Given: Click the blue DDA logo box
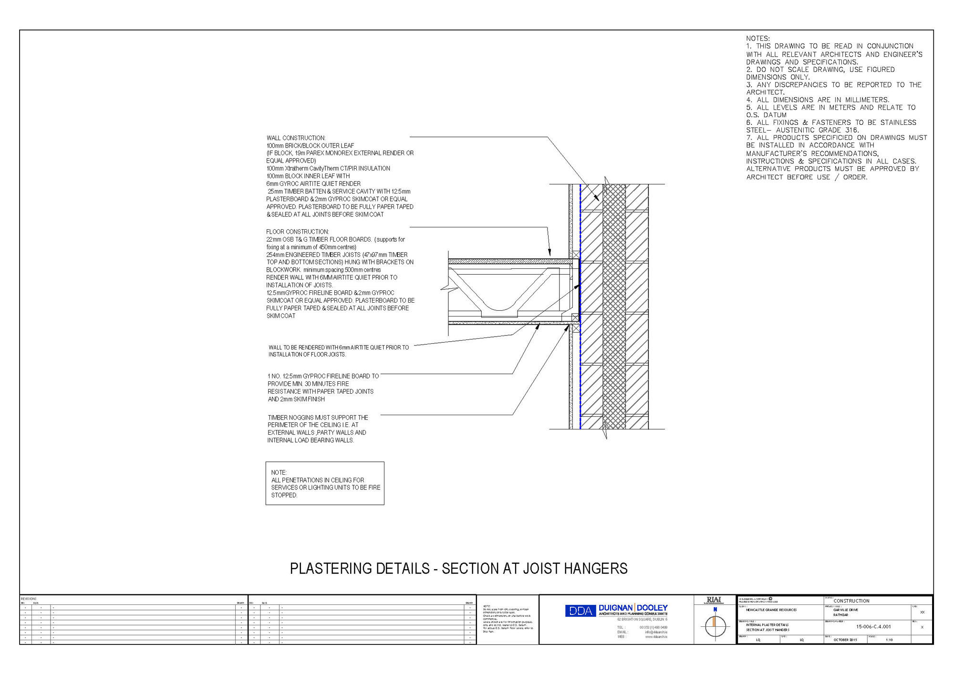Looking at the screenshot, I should (x=581, y=611).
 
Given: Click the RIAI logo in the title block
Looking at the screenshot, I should (x=714, y=600).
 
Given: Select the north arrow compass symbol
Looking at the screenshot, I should (x=715, y=625).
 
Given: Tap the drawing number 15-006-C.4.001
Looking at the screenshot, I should (x=873, y=627).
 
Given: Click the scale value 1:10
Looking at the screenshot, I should (x=889, y=640).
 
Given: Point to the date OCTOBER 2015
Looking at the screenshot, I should (x=845, y=640).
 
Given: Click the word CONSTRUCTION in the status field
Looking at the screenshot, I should (x=851, y=601).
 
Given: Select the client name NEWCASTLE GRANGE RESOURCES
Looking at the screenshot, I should (x=771, y=610).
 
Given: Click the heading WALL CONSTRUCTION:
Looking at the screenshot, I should (x=296, y=138).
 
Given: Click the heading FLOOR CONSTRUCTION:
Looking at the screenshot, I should (x=298, y=232).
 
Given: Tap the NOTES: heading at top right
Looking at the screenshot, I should (x=758, y=39).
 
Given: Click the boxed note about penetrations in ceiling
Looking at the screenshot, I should (x=325, y=483).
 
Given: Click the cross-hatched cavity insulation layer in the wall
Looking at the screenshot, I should (x=614, y=305).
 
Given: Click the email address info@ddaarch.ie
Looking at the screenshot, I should (x=656, y=632).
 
